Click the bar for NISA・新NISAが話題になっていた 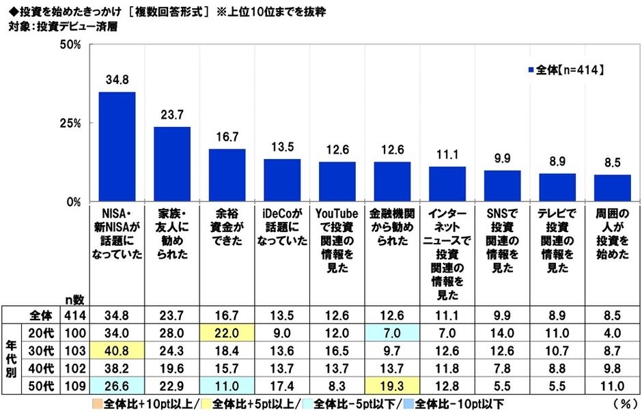(x=117, y=147)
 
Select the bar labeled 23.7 (x=172, y=165)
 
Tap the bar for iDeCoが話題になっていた (x=282, y=180)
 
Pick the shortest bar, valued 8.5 (x=612, y=188)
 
